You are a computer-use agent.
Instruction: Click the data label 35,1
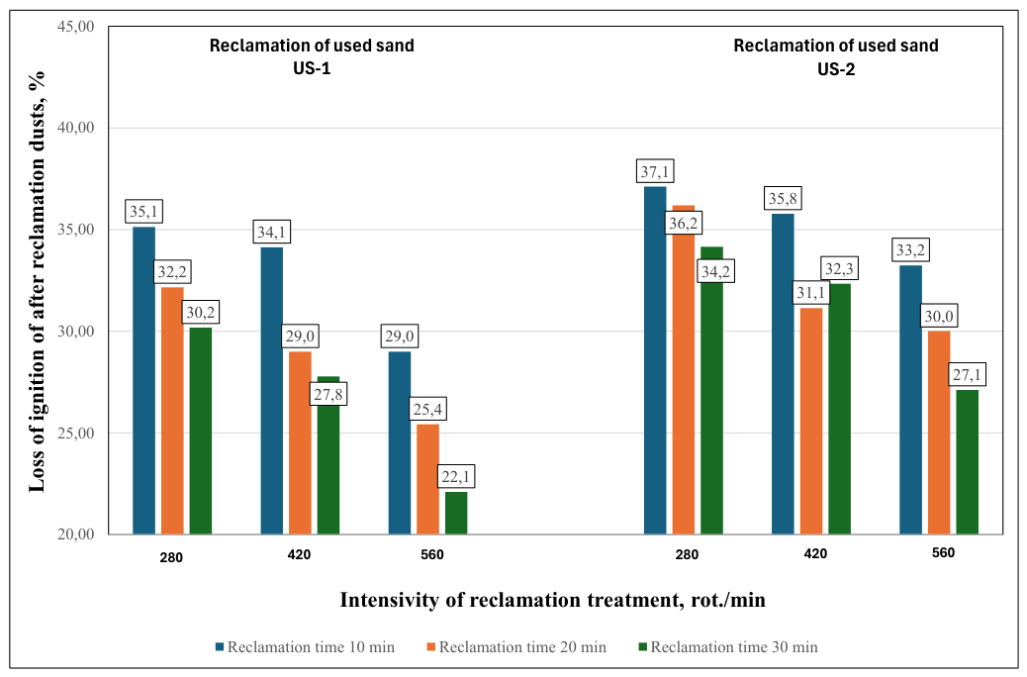[x=143, y=212]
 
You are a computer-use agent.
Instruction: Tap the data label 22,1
[x=456, y=476]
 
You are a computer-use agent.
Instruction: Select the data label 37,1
[x=655, y=171]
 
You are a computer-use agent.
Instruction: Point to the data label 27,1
[x=967, y=375]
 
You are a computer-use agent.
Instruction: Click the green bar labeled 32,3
[x=840, y=409]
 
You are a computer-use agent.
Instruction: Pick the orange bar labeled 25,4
[x=427, y=479]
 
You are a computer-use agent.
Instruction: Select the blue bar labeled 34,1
[x=272, y=391]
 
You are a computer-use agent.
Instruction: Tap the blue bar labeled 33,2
[x=910, y=400]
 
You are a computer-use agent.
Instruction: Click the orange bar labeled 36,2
[x=683, y=369]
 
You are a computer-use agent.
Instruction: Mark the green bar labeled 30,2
[x=201, y=431]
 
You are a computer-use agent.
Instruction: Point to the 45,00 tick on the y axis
[x=76, y=26]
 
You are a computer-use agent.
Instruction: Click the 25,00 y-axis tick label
[x=76, y=434]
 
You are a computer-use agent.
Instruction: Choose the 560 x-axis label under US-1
[x=432, y=555]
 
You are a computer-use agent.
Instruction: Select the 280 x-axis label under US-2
[x=687, y=554]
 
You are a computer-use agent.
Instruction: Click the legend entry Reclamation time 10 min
[x=305, y=647]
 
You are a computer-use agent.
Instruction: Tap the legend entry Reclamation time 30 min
[x=727, y=647]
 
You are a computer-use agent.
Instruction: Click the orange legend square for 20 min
[x=431, y=647]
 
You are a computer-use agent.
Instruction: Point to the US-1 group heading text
[x=312, y=57]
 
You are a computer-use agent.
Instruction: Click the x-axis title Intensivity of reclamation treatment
[x=553, y=600]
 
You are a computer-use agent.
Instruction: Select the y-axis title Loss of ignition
[x=37, y=282]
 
